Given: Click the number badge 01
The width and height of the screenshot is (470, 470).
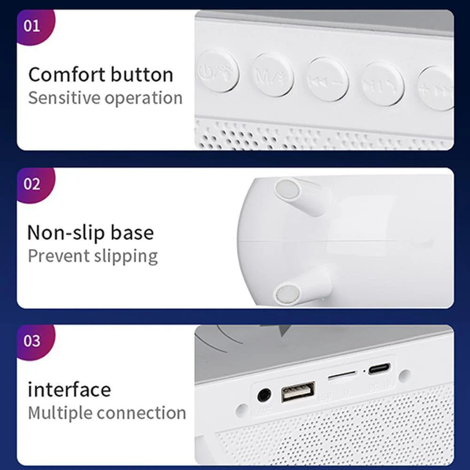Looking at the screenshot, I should [x=32, y=25].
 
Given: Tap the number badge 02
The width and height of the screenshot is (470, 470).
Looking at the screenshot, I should [x=32, y=184].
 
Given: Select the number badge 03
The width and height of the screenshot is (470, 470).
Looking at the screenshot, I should [x=32, y=340].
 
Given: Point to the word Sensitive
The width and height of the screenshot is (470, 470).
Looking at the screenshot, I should [x=64, y=98].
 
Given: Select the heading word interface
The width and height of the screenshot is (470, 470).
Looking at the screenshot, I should [x=69, y=390].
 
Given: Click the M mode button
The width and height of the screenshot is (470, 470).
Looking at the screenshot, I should [x=273, y=75].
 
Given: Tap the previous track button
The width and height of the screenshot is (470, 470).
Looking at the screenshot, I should [x=328, y=79].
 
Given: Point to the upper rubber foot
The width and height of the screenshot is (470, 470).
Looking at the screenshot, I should [x=288, y=190].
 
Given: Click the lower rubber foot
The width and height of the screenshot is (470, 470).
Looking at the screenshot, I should [x=287, y=294].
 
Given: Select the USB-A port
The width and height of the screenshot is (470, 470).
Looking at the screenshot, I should [x=298, y=392].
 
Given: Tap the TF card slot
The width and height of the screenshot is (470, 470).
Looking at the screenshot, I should [x=342, y=376].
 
